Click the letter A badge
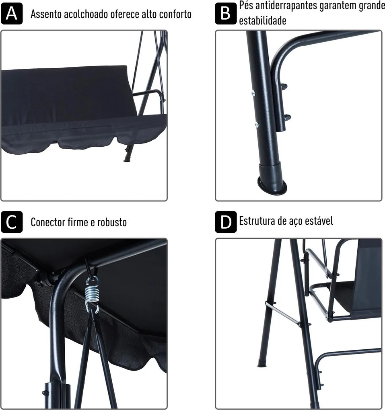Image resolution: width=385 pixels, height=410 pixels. point(12,14)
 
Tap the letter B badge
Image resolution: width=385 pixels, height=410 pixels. point(226,14)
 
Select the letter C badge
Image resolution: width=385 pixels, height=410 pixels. point(12,222)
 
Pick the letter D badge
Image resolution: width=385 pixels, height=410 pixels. point(226,222)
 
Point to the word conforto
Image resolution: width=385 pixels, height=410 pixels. point(175,14)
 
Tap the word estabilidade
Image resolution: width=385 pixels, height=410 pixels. point(263,20)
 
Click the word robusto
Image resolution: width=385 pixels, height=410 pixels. point(112,223)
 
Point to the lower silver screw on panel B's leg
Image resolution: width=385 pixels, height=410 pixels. point(257,125)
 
